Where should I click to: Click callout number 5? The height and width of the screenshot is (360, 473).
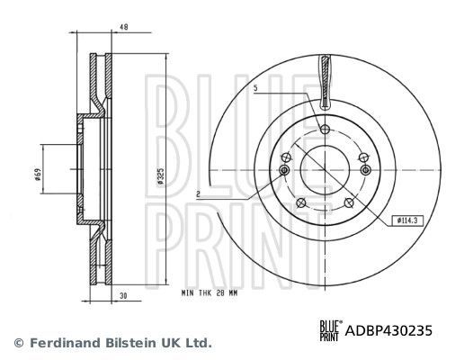[256, 87]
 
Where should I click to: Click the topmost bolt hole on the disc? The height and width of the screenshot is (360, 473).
[325, 130]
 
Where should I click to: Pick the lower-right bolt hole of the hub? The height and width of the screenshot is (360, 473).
[351, 202]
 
